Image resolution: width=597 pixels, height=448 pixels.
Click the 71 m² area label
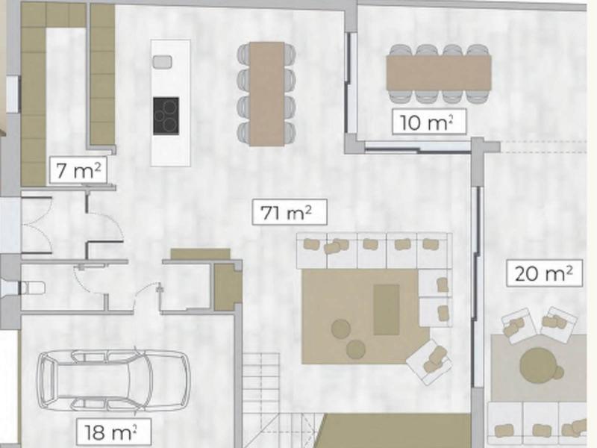tap(289, 211)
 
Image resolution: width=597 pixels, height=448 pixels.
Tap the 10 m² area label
tap(428, 122)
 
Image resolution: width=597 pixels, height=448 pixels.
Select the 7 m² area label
tap(78, 170)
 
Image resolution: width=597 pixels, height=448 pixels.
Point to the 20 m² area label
tap(544, 273)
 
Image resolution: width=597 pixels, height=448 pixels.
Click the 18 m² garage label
tap(113, 432)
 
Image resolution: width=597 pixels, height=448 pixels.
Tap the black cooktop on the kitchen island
tap(166, 116)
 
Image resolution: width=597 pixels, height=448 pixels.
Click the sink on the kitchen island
tap(162, 62)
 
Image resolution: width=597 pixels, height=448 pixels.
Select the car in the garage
tap(113, 380)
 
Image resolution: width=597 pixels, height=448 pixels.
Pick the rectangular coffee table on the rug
tap(386, 310)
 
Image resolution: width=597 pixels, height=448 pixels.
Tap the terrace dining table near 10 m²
tap(439, 72)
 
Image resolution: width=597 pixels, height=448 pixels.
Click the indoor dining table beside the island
tap(267, 93)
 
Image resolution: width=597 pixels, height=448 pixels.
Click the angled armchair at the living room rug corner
tap(429, 361)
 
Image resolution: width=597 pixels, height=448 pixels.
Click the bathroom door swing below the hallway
tap(89, 279)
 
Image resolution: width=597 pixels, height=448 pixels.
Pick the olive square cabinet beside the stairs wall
tap(227, 287)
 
